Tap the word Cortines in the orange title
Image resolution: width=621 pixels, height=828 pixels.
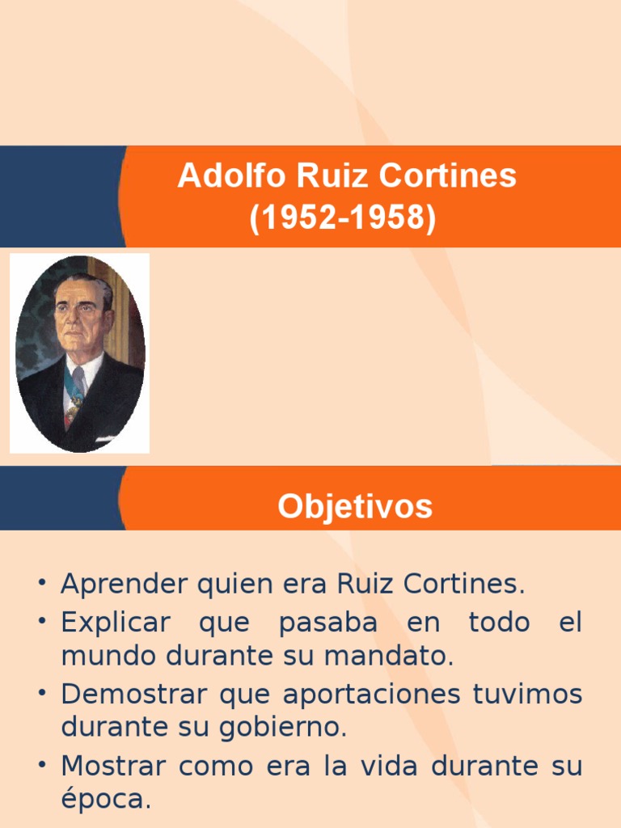459,175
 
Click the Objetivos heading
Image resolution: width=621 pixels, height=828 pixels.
355,507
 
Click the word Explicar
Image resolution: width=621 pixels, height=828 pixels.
116,623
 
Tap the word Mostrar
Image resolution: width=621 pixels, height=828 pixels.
112,766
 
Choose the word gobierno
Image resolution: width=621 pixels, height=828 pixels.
289,728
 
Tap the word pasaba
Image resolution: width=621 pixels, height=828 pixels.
327,623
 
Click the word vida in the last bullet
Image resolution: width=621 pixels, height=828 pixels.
393,766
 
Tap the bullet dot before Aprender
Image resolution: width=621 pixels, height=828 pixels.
41,585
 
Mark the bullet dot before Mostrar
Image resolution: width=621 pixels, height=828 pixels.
41,767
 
